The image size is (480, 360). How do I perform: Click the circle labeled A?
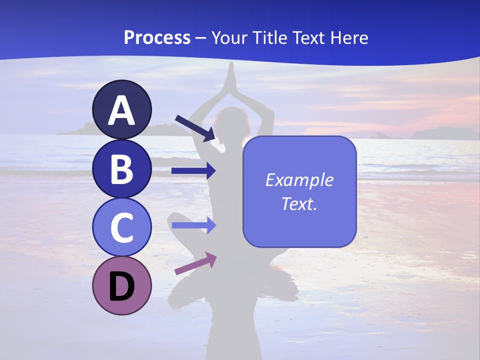tap(122, 109)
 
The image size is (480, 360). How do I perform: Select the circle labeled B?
tap(122, 168)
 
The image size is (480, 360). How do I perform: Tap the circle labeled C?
tap(122, 227)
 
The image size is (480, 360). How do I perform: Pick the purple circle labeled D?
tap(122, 285)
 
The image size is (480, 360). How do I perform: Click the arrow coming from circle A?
tap(195, 127)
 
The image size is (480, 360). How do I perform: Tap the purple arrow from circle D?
tap(195, 263)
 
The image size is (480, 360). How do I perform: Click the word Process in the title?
tap(157, 37)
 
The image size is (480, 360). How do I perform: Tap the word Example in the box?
tap(299, 180)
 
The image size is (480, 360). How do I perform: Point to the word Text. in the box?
tap(299, 203)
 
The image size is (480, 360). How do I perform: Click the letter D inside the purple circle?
tap(122, 286)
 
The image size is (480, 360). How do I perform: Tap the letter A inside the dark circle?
tap(122, 110)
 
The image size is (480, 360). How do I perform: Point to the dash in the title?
tap(201, 38)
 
